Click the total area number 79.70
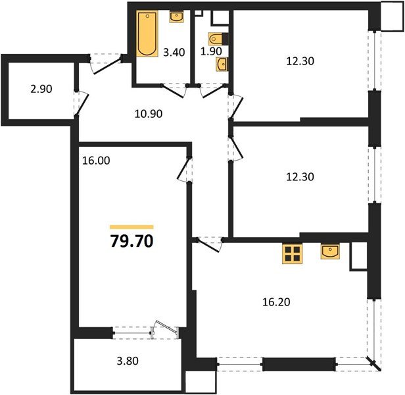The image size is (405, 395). click(x=131, y=241)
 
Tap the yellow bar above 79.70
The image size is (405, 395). click(x=131, y=226)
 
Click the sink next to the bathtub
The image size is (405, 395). click(x=176, y=18)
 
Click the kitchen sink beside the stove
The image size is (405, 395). click(x=331, y=251)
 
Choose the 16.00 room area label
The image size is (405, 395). click(x=96, y=159)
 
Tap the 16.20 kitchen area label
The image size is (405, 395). click(x=275, y=302)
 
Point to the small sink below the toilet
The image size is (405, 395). click(x=223, y=63)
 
